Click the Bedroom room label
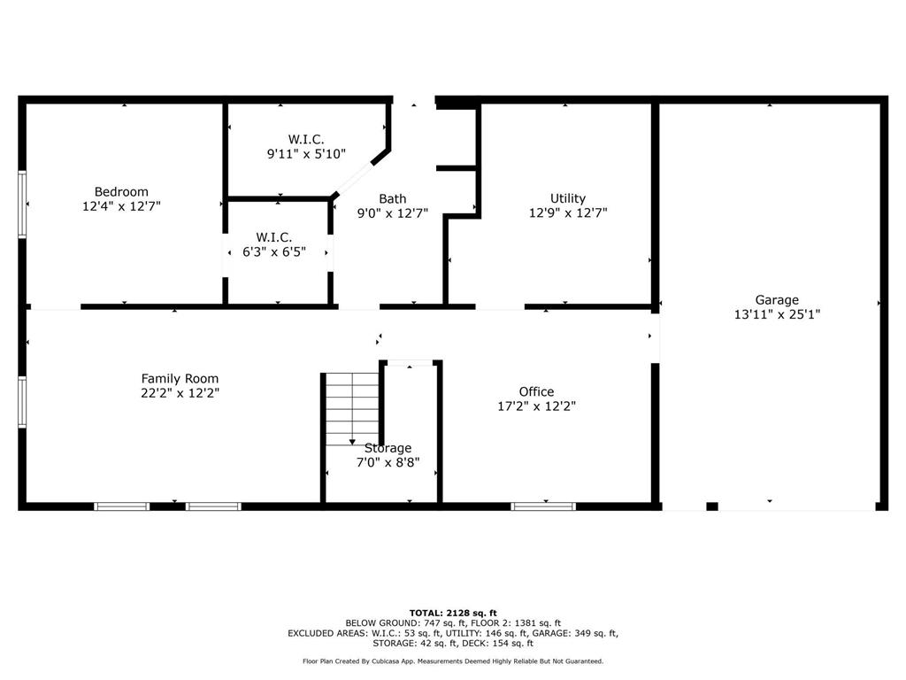[121, 191]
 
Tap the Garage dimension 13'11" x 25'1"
[777, 314]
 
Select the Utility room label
[568, 198]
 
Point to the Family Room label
[180, 379]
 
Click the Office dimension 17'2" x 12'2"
[537, 406]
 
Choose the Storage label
[388, 448]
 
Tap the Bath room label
[392, 199]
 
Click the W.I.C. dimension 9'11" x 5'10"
[306, 154]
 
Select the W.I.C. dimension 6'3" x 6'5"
[274, 251]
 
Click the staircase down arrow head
[352, 443]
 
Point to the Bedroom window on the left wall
[22, 205]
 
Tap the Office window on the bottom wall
[543, 506]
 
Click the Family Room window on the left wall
[22, 402]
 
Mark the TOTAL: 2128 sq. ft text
[453, 613]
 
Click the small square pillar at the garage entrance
[712, 506]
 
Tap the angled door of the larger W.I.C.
[354, 177]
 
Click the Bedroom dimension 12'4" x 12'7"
[121, 205]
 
